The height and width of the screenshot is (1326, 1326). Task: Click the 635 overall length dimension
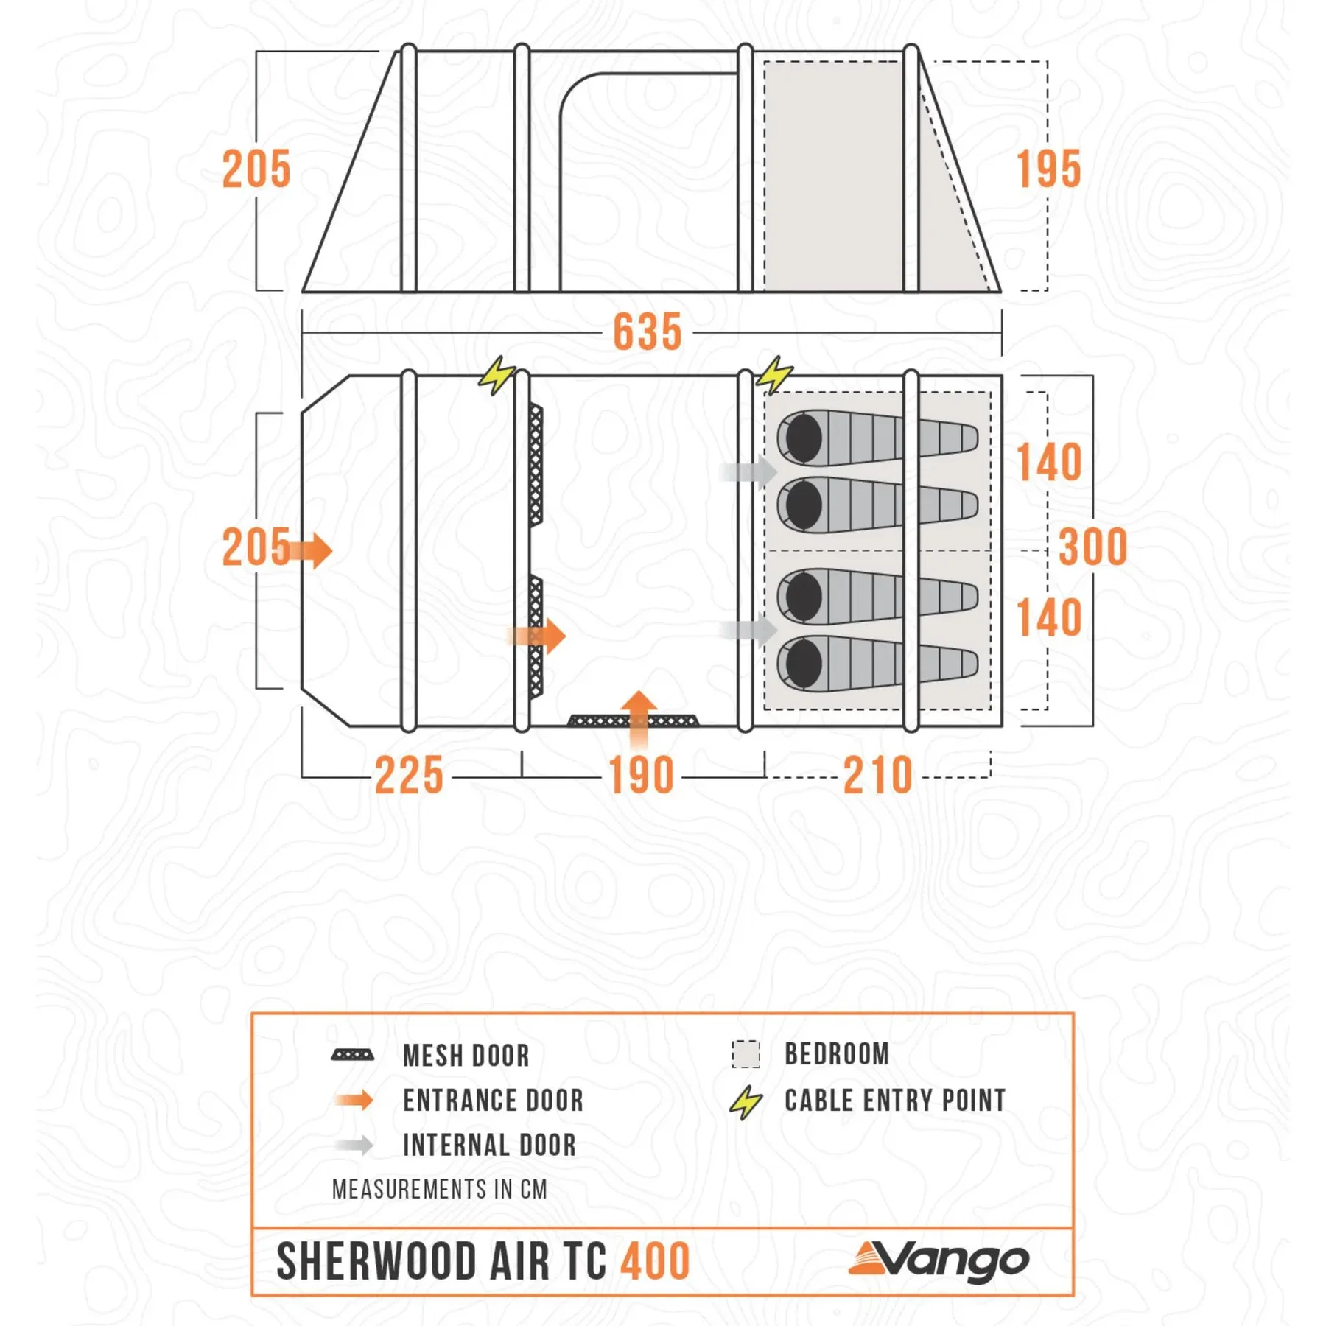[648, 332]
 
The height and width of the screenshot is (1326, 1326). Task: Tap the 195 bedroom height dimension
[1049, 169]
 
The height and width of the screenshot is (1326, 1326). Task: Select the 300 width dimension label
[1092, 547]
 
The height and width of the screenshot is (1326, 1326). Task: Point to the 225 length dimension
[409, 776]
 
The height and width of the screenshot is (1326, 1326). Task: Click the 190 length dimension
[641, 776]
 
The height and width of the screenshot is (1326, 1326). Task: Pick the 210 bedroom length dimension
[878, 776]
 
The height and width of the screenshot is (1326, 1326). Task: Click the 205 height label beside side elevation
[256, 169]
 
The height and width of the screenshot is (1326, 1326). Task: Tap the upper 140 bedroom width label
[1049, 463]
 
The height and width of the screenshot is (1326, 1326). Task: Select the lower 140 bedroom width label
[1049, 617]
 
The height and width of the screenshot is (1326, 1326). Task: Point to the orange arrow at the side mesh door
[536, 636]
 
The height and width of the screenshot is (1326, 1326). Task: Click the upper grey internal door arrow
[748, 471]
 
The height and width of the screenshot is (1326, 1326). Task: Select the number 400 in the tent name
[655, 1261]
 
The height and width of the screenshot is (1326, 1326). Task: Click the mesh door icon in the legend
[353, 1055]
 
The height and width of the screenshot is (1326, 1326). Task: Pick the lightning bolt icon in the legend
[746, 1103]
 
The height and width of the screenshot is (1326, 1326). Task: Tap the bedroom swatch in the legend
[746, 1054]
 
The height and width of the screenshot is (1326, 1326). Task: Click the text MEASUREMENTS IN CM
[440, 1190]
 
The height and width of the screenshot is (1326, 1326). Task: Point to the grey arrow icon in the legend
[354, 1146]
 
